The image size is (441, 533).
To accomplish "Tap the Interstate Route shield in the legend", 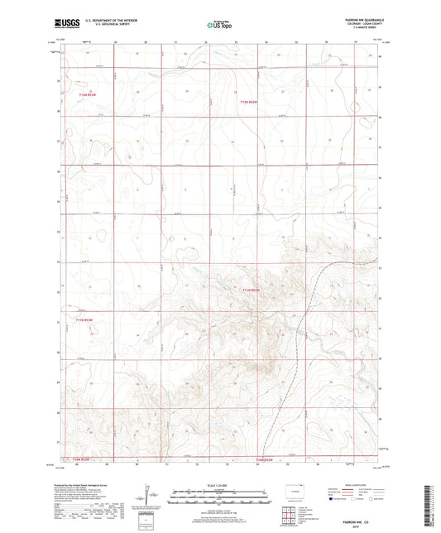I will (332, 499).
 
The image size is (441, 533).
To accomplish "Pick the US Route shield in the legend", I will (352, 499).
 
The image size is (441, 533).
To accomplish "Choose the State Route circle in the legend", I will (371, 499).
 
